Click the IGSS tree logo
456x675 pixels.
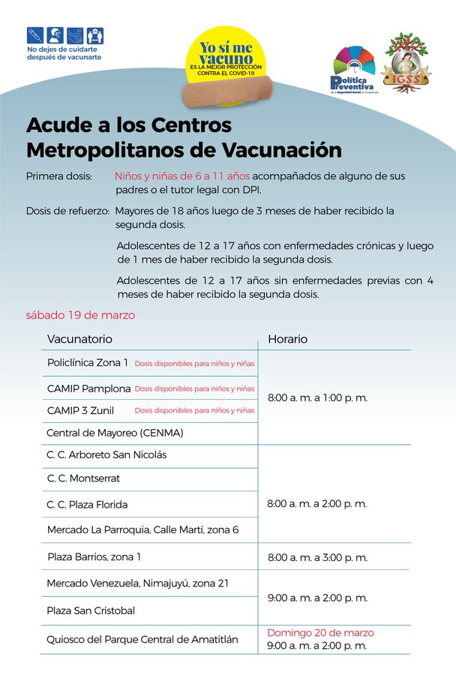[409, 63]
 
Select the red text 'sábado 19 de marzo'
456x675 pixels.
[80, 315]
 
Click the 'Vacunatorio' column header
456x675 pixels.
[79, 339]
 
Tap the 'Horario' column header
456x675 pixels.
[287, 339]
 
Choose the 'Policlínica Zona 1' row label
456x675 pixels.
[87, 363]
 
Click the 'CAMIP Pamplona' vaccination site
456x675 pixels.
[88, 388]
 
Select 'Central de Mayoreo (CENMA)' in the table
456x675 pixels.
[115, 433]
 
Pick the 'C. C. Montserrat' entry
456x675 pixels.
[83, 478]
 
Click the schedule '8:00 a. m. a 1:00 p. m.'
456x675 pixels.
[317, 397]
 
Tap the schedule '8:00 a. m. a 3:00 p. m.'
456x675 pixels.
[317, 557]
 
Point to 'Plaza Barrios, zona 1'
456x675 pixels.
[94, 556]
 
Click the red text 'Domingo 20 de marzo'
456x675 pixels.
[320, 632]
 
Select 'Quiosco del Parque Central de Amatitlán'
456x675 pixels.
[142, 639]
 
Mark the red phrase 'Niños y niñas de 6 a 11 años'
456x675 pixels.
[181, 175]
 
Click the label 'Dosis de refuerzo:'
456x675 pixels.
[68, 210]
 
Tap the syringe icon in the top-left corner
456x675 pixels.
[34, 35]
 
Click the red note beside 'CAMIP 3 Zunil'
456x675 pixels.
[194, 410]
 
